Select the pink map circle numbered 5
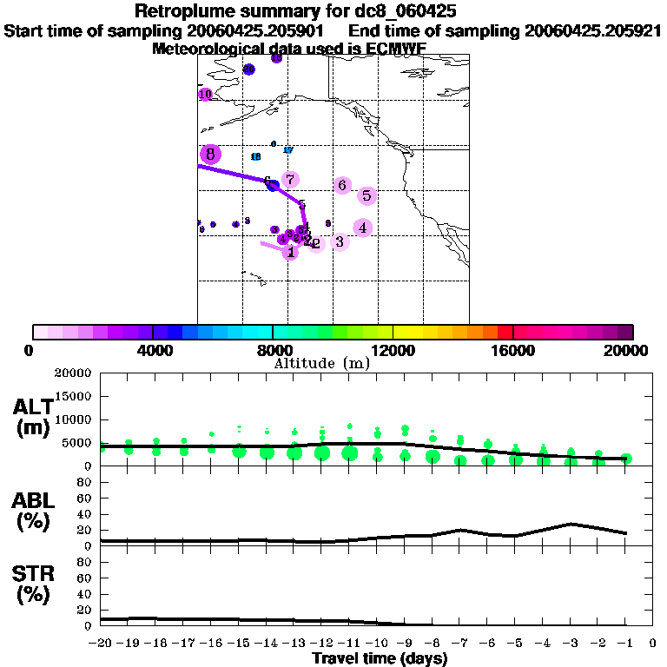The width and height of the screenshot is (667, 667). tap(367, 196)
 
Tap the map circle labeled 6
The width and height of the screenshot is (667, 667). tap(342, 185)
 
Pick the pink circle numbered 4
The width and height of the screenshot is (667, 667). tap(362, 228)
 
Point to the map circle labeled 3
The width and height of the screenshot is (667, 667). tap(340, 241)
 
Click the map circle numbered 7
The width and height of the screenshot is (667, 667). tap(290, 180)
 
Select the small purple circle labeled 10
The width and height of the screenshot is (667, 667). tap(206, 94)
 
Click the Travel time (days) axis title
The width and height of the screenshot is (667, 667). tap(380, 659)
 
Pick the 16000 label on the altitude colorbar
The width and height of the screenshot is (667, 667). tap(513, 350)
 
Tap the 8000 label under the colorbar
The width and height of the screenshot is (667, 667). tap(273, 350)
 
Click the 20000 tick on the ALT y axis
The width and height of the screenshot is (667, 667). tap(74, 373)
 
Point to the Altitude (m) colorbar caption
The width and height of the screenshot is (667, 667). tap(321, 362)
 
